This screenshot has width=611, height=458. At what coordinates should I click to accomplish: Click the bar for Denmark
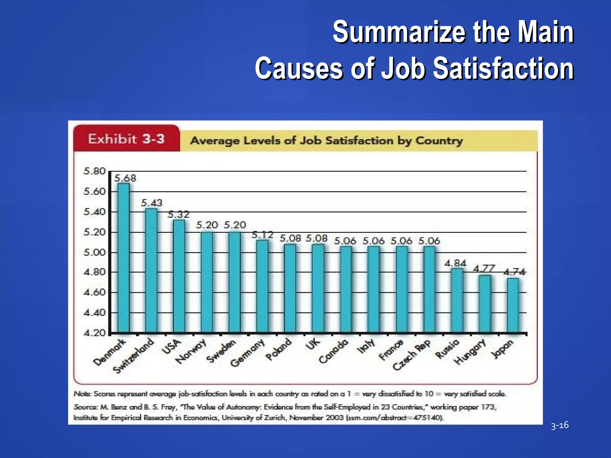123,258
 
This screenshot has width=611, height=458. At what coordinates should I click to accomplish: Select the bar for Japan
513,305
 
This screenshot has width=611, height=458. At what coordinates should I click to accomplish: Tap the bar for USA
179,276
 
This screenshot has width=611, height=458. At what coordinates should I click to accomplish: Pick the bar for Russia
457,300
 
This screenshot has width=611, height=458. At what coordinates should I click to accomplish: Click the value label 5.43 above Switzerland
152,203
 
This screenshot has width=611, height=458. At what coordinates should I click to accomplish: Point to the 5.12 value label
263,235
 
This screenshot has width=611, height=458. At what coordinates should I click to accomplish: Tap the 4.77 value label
484,268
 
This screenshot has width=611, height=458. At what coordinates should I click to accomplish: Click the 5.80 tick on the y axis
95,171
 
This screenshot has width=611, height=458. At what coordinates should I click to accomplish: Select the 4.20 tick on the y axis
95,333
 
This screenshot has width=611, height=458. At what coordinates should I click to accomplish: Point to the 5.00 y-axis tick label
95,253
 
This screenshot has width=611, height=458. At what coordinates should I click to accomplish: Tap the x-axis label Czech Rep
412,355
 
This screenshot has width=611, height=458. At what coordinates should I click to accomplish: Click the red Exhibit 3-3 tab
126,139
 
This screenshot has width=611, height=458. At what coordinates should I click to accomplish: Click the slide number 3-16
560,425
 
